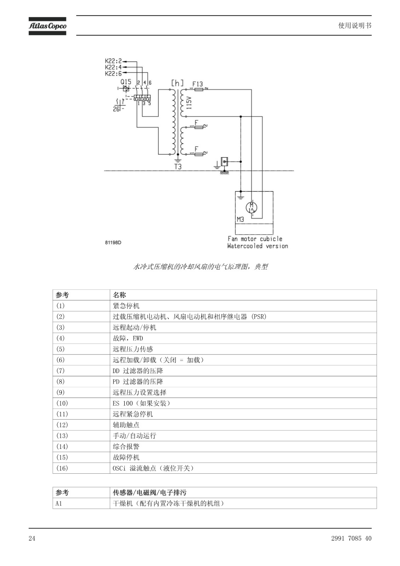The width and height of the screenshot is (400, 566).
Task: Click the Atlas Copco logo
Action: (x=47, y=26)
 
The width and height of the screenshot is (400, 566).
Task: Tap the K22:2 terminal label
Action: (x=113, y=61)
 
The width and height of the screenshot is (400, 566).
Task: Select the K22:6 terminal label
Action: (x=113, y=74)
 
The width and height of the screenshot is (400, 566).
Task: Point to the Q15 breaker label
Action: (x=126, y=82)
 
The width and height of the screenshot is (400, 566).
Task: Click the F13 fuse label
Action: (x=197, y=84)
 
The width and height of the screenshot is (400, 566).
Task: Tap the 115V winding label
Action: (x=189, y=103)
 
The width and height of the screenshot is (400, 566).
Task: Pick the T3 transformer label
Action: (x=178, y=167)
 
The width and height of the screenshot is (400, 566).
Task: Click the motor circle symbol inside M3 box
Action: (x=251, y=207)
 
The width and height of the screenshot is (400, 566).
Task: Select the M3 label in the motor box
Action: (x=240, y=219)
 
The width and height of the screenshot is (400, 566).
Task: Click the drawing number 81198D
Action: (x=113, y=243)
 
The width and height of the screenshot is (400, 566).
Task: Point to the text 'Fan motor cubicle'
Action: (x=255, y=239)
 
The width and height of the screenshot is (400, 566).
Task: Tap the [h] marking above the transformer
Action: (x=177, y=83)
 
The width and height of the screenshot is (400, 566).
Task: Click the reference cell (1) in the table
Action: (x=81, y=306)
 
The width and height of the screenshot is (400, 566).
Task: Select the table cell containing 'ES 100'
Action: (x=243, y=403)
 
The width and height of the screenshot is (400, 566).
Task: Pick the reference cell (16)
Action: (x=81, y=468)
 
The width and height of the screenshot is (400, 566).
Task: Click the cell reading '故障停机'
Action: (x=243, y=457)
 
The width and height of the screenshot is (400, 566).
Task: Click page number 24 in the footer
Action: (x=32, y=538)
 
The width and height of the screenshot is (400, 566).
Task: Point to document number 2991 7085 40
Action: (x=351, y=538)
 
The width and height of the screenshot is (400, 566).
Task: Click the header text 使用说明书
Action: (x=355, y=25)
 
